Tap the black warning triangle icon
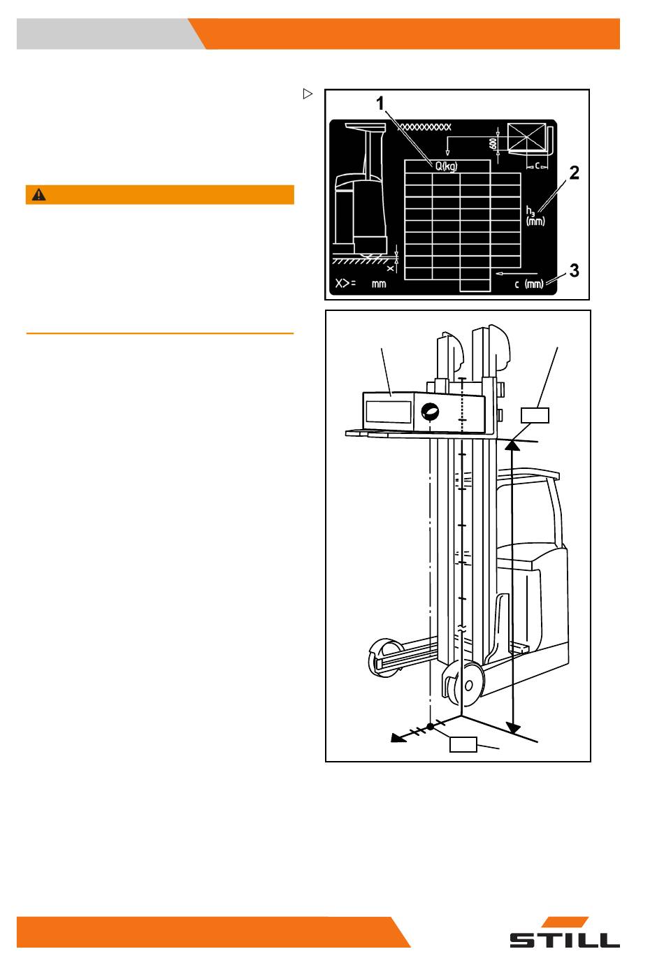point(39,194)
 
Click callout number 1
point(380,103)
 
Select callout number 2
point(575,173)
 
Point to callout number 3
point(575,270)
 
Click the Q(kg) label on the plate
point(447,166)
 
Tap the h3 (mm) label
point(535,216)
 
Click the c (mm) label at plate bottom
point(528,284)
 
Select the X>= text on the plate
point(345,283)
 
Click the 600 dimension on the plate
point(493,143)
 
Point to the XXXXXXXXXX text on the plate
point(424,126)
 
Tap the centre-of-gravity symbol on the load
point(430,412)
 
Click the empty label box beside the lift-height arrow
point(535,415)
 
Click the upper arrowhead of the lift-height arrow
point(513,446)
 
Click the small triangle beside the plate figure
point(308,94)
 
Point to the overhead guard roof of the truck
point(529,474)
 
